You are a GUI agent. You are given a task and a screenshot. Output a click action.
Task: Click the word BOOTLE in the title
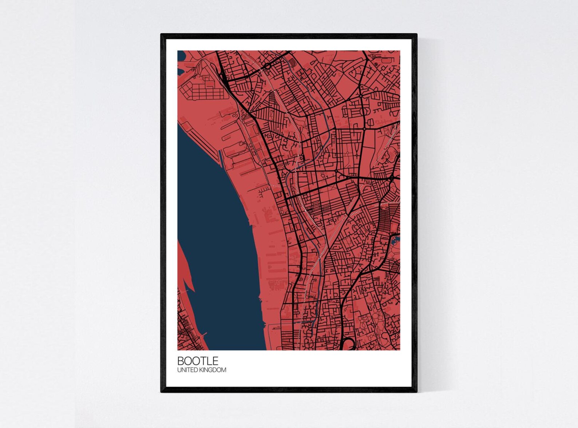coord(198,361)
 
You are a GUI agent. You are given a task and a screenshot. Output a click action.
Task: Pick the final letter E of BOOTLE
coord(215,361)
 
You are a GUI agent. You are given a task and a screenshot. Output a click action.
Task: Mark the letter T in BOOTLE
coord(204,361)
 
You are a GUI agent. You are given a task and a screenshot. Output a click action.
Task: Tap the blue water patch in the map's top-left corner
coord(181,56)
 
